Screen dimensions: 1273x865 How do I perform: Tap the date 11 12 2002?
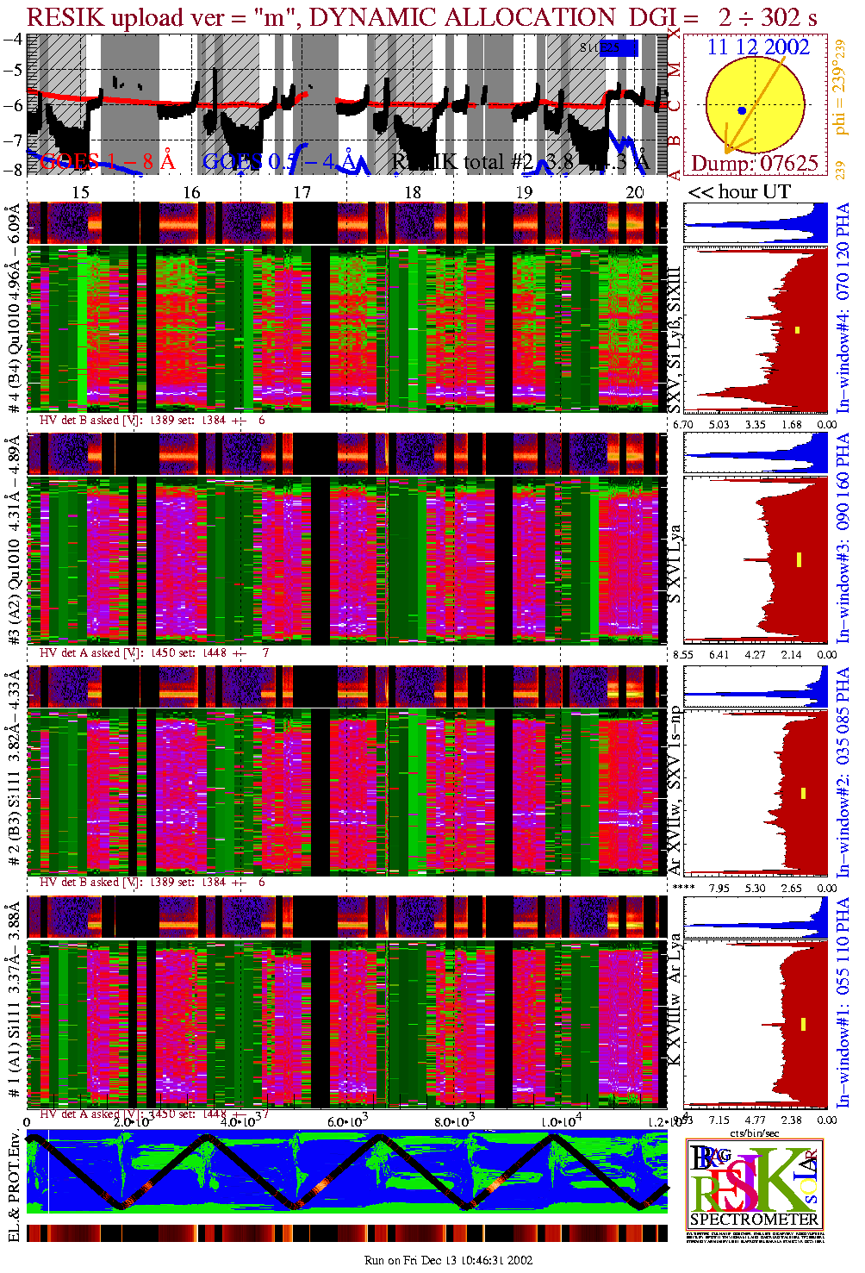pos(758,47)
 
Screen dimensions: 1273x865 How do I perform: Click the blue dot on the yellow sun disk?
pos(742,110)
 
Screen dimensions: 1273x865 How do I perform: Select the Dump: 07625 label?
pos(755,163)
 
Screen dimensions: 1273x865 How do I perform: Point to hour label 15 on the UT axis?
pos(80,192)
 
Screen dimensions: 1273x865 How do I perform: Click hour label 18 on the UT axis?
pos(413,192)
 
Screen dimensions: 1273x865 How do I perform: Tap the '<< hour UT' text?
pos(738,191)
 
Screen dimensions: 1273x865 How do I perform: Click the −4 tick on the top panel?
pos(12,40)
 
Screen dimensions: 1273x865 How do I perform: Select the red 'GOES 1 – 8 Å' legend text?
pos(107,161)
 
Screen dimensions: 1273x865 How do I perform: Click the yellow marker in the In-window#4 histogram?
pos(798,329)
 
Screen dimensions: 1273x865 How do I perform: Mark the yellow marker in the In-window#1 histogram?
pos(803,1024)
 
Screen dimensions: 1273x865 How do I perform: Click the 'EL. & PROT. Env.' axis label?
pos(14,1186)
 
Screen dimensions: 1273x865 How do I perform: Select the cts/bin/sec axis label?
pos(755,1132)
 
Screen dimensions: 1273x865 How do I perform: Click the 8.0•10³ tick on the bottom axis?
pos(454,1121)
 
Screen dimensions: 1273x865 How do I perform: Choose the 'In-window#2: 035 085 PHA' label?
pos(843,771)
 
